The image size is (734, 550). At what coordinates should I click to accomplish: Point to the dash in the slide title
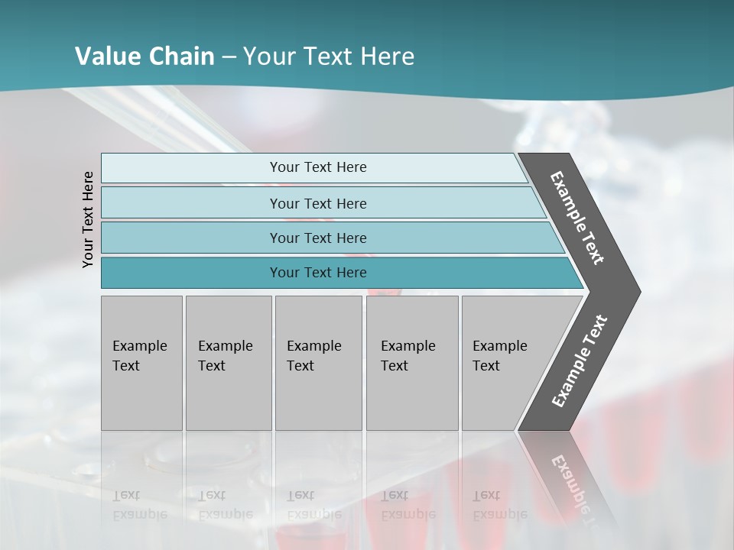coord(229,57)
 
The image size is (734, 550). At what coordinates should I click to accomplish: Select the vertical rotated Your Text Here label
coord(89,219)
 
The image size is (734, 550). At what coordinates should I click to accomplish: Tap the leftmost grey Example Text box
coord(141,362)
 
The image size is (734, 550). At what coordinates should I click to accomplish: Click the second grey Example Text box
coord(228,362)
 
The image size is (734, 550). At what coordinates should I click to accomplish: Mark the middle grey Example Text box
coord(318,362)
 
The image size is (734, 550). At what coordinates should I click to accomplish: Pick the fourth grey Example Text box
coord(411,362)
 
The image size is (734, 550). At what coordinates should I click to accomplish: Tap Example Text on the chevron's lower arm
coord(579,361)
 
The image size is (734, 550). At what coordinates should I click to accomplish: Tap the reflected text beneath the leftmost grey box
coord(139,505)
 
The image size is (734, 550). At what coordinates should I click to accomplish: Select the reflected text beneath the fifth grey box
coord(499,505)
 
